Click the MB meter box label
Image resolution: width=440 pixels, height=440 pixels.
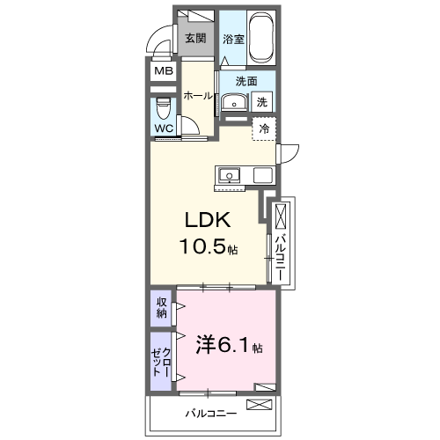[x=164, y=72]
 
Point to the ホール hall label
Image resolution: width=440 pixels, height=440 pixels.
[x=198, y=96]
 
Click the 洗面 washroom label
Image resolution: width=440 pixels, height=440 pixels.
[x=246, y=82]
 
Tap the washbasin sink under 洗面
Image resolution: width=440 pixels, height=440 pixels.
[x=233, y=102]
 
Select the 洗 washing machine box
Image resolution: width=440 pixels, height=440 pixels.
[x=262, y=102]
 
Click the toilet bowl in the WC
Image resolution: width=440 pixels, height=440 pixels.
[x=164, y=109]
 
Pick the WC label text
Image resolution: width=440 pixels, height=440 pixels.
[x=164, y=128]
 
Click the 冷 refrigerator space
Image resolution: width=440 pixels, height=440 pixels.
[x=264, y=128]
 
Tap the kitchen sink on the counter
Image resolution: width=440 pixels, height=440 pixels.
[x=229, y=173]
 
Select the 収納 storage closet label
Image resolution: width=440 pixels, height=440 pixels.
[x=162, y=308]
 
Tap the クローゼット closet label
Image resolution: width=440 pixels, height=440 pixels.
[x=161, y=361]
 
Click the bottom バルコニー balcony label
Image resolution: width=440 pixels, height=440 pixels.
[x=210, y=412]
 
